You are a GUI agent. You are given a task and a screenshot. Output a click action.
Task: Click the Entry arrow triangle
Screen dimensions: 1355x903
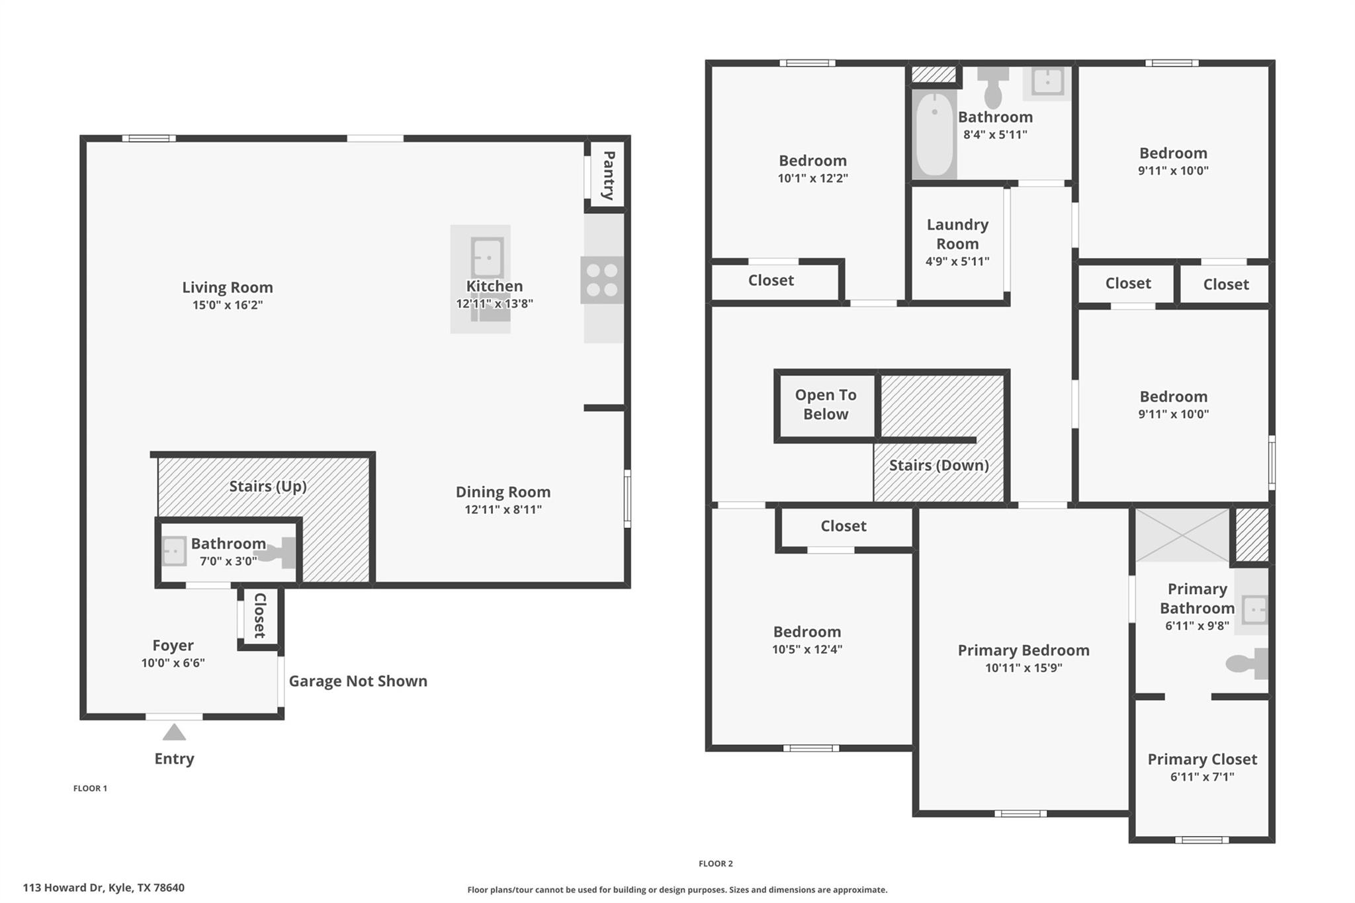(174, 732)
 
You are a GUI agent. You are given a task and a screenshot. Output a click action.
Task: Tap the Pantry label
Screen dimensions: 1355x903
(609, 175)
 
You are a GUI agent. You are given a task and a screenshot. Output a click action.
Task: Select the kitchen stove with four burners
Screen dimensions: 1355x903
(602, 280)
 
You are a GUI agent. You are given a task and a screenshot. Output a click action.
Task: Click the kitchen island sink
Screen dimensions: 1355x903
(487, 257)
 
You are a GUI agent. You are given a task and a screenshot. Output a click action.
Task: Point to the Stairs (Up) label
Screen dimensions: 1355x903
(268, 486)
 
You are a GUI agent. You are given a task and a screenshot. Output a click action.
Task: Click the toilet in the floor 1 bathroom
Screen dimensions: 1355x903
(277, 553)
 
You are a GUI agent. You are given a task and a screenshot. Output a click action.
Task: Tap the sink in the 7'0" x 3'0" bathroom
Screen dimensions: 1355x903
(175, 550)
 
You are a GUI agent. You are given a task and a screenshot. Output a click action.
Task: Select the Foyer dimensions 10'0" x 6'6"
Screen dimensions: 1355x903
(173, 663)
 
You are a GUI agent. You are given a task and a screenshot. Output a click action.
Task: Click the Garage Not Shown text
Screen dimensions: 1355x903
(358, 681)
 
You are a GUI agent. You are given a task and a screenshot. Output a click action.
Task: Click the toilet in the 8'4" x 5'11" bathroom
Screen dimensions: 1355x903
(992, 87)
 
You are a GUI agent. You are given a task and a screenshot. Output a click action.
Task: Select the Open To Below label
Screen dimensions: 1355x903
(826, 404)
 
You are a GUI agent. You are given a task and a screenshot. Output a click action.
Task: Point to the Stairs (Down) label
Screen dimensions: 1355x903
(939, 465)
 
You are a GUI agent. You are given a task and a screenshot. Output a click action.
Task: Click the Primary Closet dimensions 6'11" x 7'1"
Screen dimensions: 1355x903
(1202, 777)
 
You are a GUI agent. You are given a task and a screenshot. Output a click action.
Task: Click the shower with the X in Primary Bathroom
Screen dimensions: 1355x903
(1182, 535)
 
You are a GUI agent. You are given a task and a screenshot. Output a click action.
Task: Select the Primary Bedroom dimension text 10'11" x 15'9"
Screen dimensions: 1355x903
(1024, 667)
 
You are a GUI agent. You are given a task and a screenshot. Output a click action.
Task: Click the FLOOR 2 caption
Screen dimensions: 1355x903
(716, 863)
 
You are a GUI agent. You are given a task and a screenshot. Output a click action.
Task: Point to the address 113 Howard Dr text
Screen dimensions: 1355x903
(64, 887)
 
